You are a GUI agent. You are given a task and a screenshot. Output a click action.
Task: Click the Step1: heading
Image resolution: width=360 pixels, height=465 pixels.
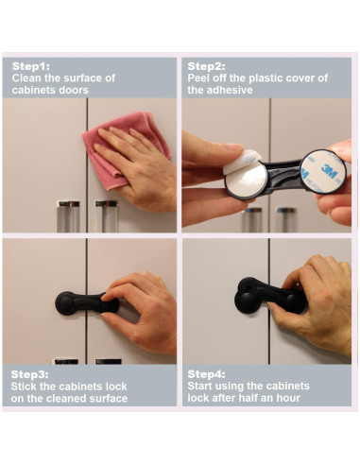pos(30,66)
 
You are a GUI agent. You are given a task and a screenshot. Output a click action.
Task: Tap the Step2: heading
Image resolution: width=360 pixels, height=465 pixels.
pos(206,66)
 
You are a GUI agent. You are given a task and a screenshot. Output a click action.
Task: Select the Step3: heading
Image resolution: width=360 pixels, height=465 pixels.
pos(29,374)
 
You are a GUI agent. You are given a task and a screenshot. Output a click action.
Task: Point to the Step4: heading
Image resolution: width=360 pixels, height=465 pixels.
pos(206,374)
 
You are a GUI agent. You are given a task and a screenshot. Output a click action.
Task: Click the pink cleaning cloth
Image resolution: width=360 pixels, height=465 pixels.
pos(126,148)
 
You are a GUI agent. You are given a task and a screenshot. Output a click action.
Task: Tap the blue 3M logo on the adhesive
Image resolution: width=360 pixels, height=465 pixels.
pos(329,169)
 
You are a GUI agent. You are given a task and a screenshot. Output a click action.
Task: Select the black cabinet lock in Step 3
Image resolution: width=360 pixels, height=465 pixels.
pos(86,303)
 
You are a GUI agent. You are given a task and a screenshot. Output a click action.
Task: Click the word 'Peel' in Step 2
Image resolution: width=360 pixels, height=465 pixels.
pos(198,78)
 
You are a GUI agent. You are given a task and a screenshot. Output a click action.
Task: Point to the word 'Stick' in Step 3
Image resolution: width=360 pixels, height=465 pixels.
pos(23,387)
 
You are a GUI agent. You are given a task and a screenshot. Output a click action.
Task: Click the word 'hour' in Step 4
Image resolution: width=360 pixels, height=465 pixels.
pos(288,398)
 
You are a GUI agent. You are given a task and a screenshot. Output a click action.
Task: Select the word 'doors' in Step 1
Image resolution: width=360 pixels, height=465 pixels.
pos(75,90)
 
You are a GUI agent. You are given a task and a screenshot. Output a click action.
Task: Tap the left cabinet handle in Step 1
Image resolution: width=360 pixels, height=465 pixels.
pos(68,216)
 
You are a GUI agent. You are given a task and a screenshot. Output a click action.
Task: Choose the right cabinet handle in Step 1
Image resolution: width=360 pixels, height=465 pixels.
pos(107,216)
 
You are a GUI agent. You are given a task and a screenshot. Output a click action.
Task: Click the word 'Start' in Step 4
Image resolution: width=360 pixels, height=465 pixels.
pos(199,387)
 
